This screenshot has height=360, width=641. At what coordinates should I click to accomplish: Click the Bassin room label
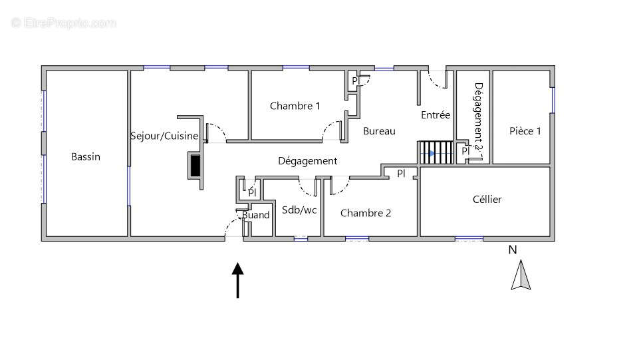tap(86, 157)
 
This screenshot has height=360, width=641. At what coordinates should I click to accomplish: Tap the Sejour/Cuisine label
tap(164, 136)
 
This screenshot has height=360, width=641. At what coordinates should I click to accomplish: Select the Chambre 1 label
tap(295, 106)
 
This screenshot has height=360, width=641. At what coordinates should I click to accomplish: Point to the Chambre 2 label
tap(365, 213)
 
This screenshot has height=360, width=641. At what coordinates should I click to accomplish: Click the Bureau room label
tap(379, 131)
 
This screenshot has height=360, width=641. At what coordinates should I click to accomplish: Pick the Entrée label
tap(436, 115)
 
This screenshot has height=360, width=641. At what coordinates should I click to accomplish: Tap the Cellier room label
tap(487, 200)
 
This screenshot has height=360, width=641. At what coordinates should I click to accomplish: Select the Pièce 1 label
tap(525, 131)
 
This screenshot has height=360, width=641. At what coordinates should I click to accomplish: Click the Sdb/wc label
tap(299, 210)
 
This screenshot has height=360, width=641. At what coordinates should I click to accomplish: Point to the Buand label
tap(256, 215)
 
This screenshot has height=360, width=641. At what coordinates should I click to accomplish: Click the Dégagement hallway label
tap(307, 161)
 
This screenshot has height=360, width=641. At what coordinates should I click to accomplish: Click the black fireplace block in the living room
tap(195, 165)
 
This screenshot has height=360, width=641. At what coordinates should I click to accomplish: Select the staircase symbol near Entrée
tap(435, 152)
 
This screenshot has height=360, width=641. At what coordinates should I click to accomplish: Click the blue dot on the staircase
tap(431, 154)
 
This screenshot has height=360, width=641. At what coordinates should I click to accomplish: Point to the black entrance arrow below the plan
tap(237, 279)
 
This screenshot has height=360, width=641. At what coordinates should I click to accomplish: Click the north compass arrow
tap(520, 275)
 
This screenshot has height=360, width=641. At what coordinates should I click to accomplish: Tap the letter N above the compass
tap(512, 251)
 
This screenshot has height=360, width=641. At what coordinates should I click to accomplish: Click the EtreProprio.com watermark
tap(63, 23)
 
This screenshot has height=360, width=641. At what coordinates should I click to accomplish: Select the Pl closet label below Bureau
tap(401, 173)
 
